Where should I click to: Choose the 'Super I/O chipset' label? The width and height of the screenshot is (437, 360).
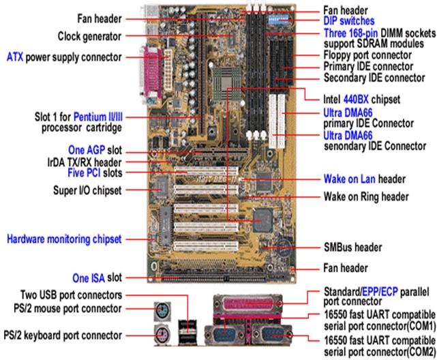click(79, 191)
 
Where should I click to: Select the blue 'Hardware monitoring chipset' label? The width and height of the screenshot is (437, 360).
click(64, 239)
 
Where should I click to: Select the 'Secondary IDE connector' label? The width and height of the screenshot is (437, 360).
click(370, 78)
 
